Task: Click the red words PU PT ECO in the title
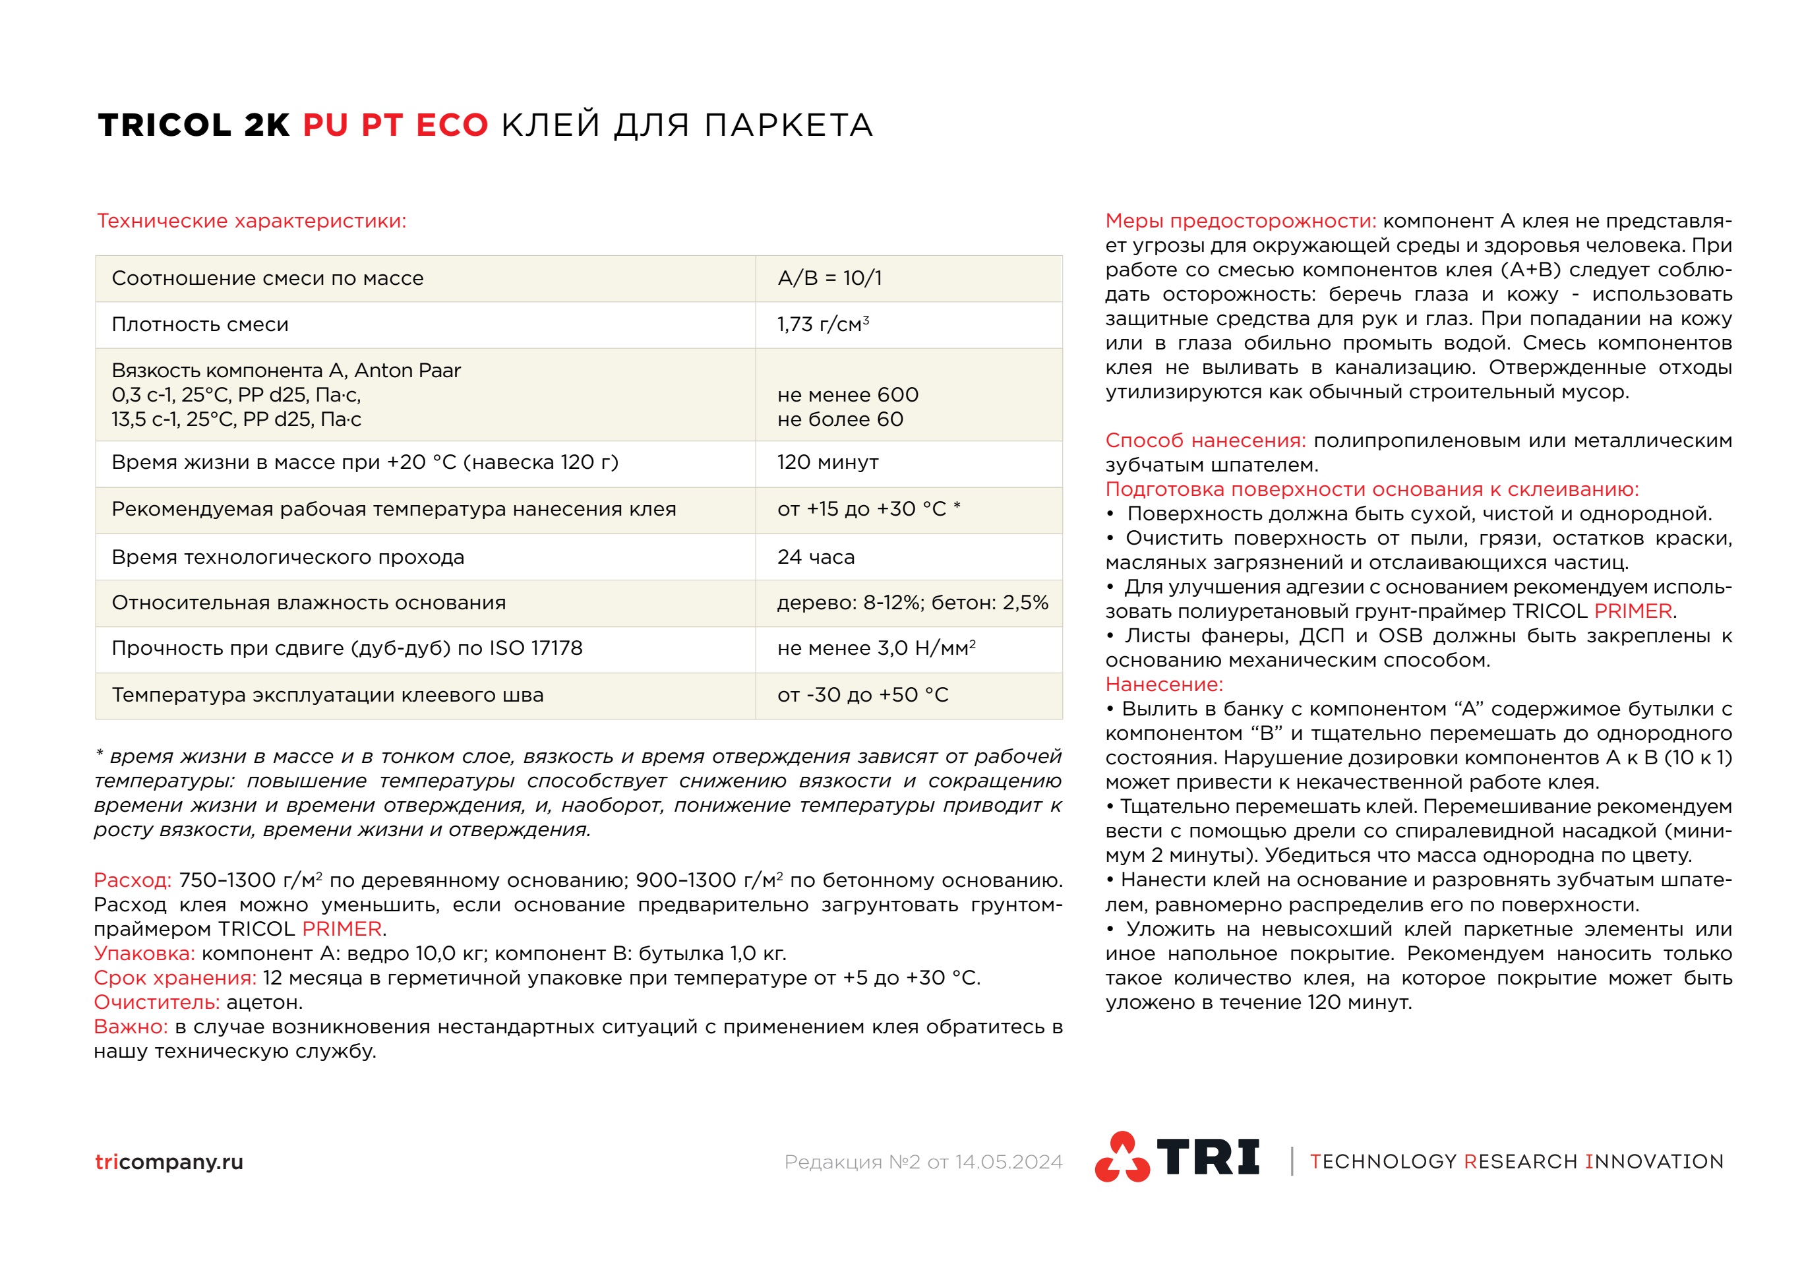[396, 125]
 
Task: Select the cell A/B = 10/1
[829, 278]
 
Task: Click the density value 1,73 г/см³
[822, 324]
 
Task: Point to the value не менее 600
[848, 395]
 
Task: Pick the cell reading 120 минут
[827, 462]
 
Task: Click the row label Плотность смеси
[200, 324]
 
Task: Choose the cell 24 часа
[816, 557]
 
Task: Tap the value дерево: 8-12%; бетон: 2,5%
[912, 603]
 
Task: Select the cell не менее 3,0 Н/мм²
[876, 648]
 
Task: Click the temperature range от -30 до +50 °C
[862, 695]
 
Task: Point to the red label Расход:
[133, 880]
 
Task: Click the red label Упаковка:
[144, 954]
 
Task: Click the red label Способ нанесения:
[1205, 440]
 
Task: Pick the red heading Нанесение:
[1164, 684]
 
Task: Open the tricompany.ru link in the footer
[169, 1161]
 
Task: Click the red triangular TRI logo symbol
[1122, 1157]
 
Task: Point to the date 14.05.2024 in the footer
[1009, 1162]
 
